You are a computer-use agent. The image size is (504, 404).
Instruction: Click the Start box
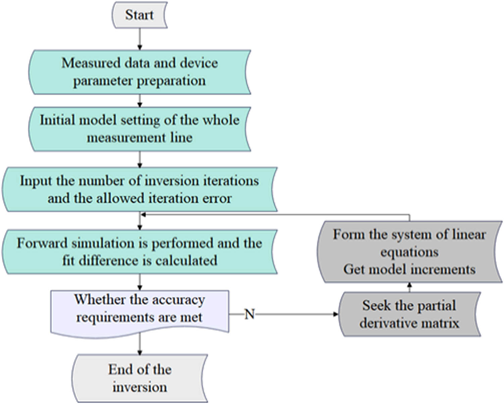(139, 15)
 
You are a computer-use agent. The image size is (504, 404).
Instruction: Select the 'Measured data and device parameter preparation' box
(139, 72)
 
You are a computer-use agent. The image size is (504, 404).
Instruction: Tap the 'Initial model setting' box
(139, 129)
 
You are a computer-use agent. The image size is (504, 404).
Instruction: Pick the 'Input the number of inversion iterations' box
(139, 189)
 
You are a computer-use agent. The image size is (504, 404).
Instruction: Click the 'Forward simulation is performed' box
(139, 252)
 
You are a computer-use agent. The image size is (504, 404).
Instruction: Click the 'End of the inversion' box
(139, 378)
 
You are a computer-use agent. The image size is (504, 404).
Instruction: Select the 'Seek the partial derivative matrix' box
(409, 314)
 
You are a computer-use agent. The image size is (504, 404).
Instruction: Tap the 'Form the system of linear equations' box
(409, 252)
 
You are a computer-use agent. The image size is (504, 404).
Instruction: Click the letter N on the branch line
(250, 314)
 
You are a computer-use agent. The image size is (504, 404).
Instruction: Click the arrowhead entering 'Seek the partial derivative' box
(336, 314)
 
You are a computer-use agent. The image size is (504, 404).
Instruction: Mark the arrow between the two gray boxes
(409, 287)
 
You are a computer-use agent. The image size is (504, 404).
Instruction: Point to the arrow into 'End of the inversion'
(140, 346)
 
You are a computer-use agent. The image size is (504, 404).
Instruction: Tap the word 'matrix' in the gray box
(441, 323)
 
